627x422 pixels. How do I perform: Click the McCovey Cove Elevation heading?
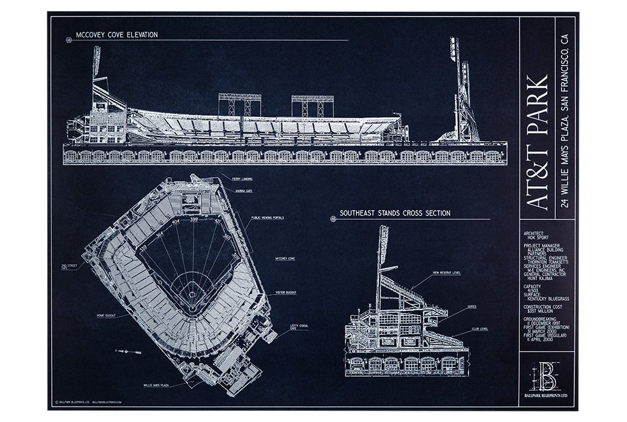pos(116,35)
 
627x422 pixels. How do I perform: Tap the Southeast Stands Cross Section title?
pos(395,213)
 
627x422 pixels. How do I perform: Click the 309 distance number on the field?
pos(236,257)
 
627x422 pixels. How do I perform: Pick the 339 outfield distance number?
pos(144,247)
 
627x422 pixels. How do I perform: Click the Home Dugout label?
pos(108,315)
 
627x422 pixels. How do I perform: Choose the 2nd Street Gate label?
pos(69,266)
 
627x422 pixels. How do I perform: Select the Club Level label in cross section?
pos(478,329)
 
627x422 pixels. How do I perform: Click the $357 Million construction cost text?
pos(537,311)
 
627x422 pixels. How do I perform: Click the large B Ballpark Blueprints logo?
pos(546,377)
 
